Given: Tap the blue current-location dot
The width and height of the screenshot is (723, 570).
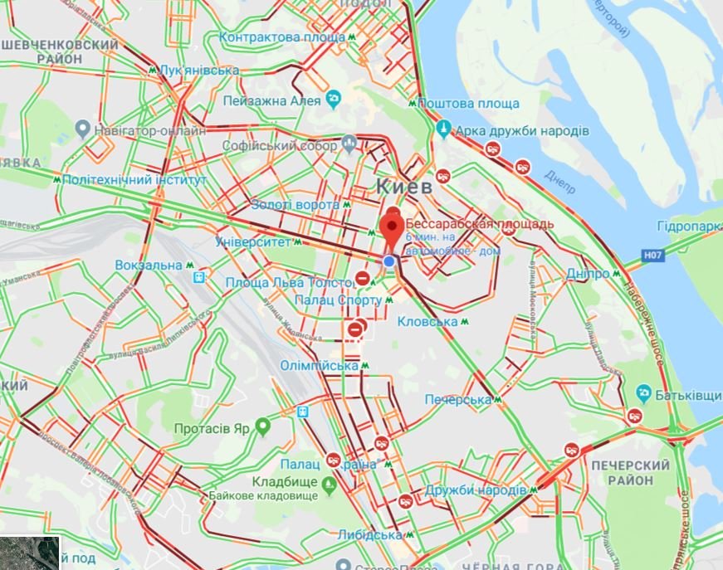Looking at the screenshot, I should (389, 261).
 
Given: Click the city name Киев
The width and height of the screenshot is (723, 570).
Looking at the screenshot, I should (404, 186).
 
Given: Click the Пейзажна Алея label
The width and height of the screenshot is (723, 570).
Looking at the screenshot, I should (271, 101).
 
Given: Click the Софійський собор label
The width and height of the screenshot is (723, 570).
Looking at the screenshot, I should (280, 146).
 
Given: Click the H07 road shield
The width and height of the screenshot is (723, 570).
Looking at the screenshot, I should (654, 256).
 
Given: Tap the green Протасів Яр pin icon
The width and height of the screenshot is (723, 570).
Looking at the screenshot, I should (263, 428).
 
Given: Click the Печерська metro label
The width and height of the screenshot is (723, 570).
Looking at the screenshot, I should (458, 400).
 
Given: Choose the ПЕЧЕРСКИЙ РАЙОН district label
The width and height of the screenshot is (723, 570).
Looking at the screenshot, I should (632, 473).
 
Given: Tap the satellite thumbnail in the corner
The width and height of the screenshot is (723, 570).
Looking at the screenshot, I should (30, 553).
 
